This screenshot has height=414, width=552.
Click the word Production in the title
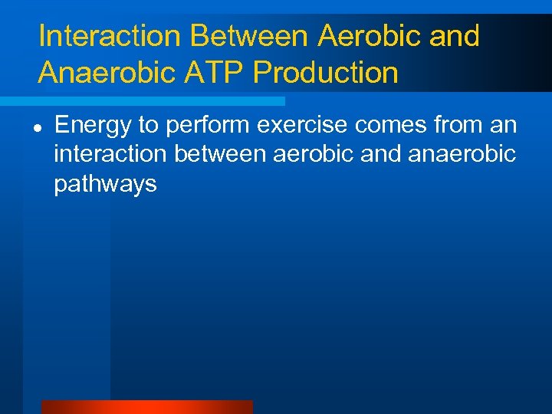pyautogui.click(x=326, y=73)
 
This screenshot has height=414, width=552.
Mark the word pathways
pyautogui.click(x=105, y=184)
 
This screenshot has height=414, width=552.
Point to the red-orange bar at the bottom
pyautogui.click(x=146, y=407)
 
